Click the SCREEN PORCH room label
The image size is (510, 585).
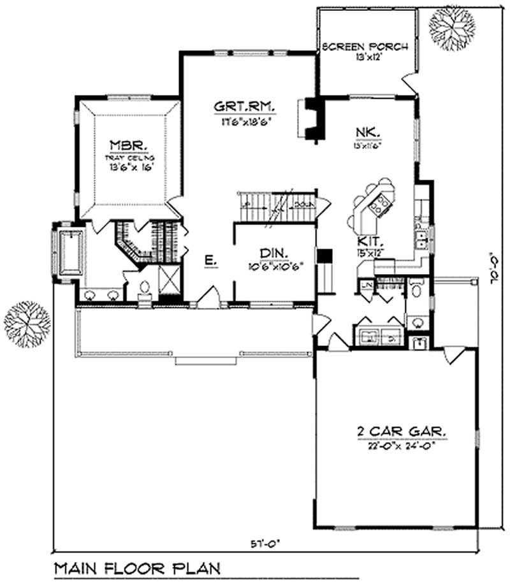364,48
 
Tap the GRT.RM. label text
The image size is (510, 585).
240,107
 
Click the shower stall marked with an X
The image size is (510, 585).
170,280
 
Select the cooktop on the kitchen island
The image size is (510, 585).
381,203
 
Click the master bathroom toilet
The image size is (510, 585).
144,291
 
